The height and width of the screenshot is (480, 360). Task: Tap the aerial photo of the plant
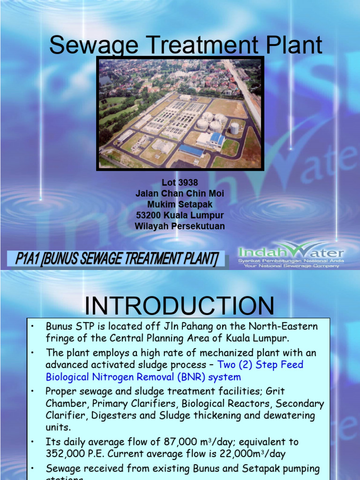[x=180, y=113]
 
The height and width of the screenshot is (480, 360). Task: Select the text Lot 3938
[x=180, y=183]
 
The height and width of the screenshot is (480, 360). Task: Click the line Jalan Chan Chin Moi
[x=180, y=194]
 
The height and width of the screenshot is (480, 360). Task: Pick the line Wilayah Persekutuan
[x=180, y=226]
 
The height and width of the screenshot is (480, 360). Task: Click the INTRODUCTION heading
[x=180, y=306]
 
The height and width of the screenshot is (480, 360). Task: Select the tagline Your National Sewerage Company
[x=291, y=266]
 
